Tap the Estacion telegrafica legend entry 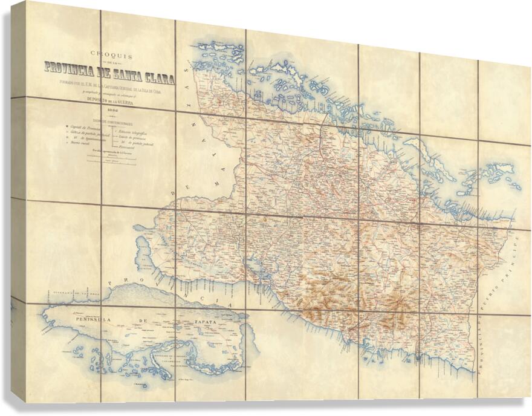[x=135, y=131]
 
